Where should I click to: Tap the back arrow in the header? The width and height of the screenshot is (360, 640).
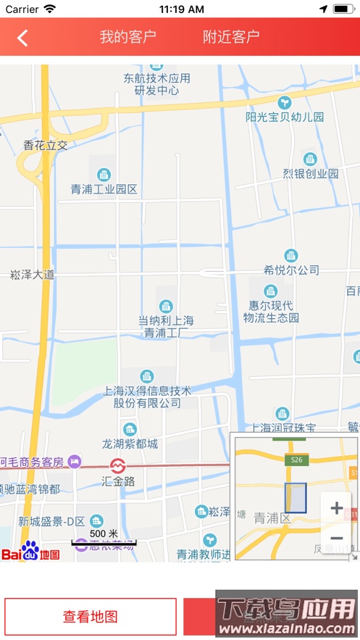[x=22, y=38]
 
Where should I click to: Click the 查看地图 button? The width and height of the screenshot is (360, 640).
[x=91, y=617]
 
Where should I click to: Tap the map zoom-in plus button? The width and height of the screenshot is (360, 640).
[x=336, y=508]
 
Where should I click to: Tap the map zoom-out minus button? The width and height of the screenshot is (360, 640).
[x=336, y=538]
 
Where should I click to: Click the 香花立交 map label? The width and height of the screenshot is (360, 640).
[x=46, y=145]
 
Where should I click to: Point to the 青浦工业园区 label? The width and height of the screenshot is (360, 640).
[x=104, y=189]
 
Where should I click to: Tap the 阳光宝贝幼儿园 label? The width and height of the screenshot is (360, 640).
[x=285, y=117]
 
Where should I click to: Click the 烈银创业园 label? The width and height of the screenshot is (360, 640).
[x=311, y=174]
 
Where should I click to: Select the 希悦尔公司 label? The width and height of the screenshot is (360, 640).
[x=291, y=270]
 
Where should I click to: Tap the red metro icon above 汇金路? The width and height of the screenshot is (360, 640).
[x=117, y=465]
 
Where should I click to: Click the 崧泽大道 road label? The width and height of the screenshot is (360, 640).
[x=33, y=275]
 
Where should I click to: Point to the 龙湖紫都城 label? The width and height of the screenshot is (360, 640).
[x=130, y=444]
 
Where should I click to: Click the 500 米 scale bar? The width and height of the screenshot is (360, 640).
[x=104, y=538]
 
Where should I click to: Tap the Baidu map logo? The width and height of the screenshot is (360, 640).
[x=30, y=552]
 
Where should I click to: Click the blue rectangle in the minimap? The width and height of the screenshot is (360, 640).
[x=296, y=498]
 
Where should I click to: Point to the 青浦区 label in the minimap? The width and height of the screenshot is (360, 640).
[x=272, y=518]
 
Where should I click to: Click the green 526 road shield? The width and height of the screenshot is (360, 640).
[x=296, y=460]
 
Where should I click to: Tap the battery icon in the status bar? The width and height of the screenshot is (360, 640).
[x=343, y=9]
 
